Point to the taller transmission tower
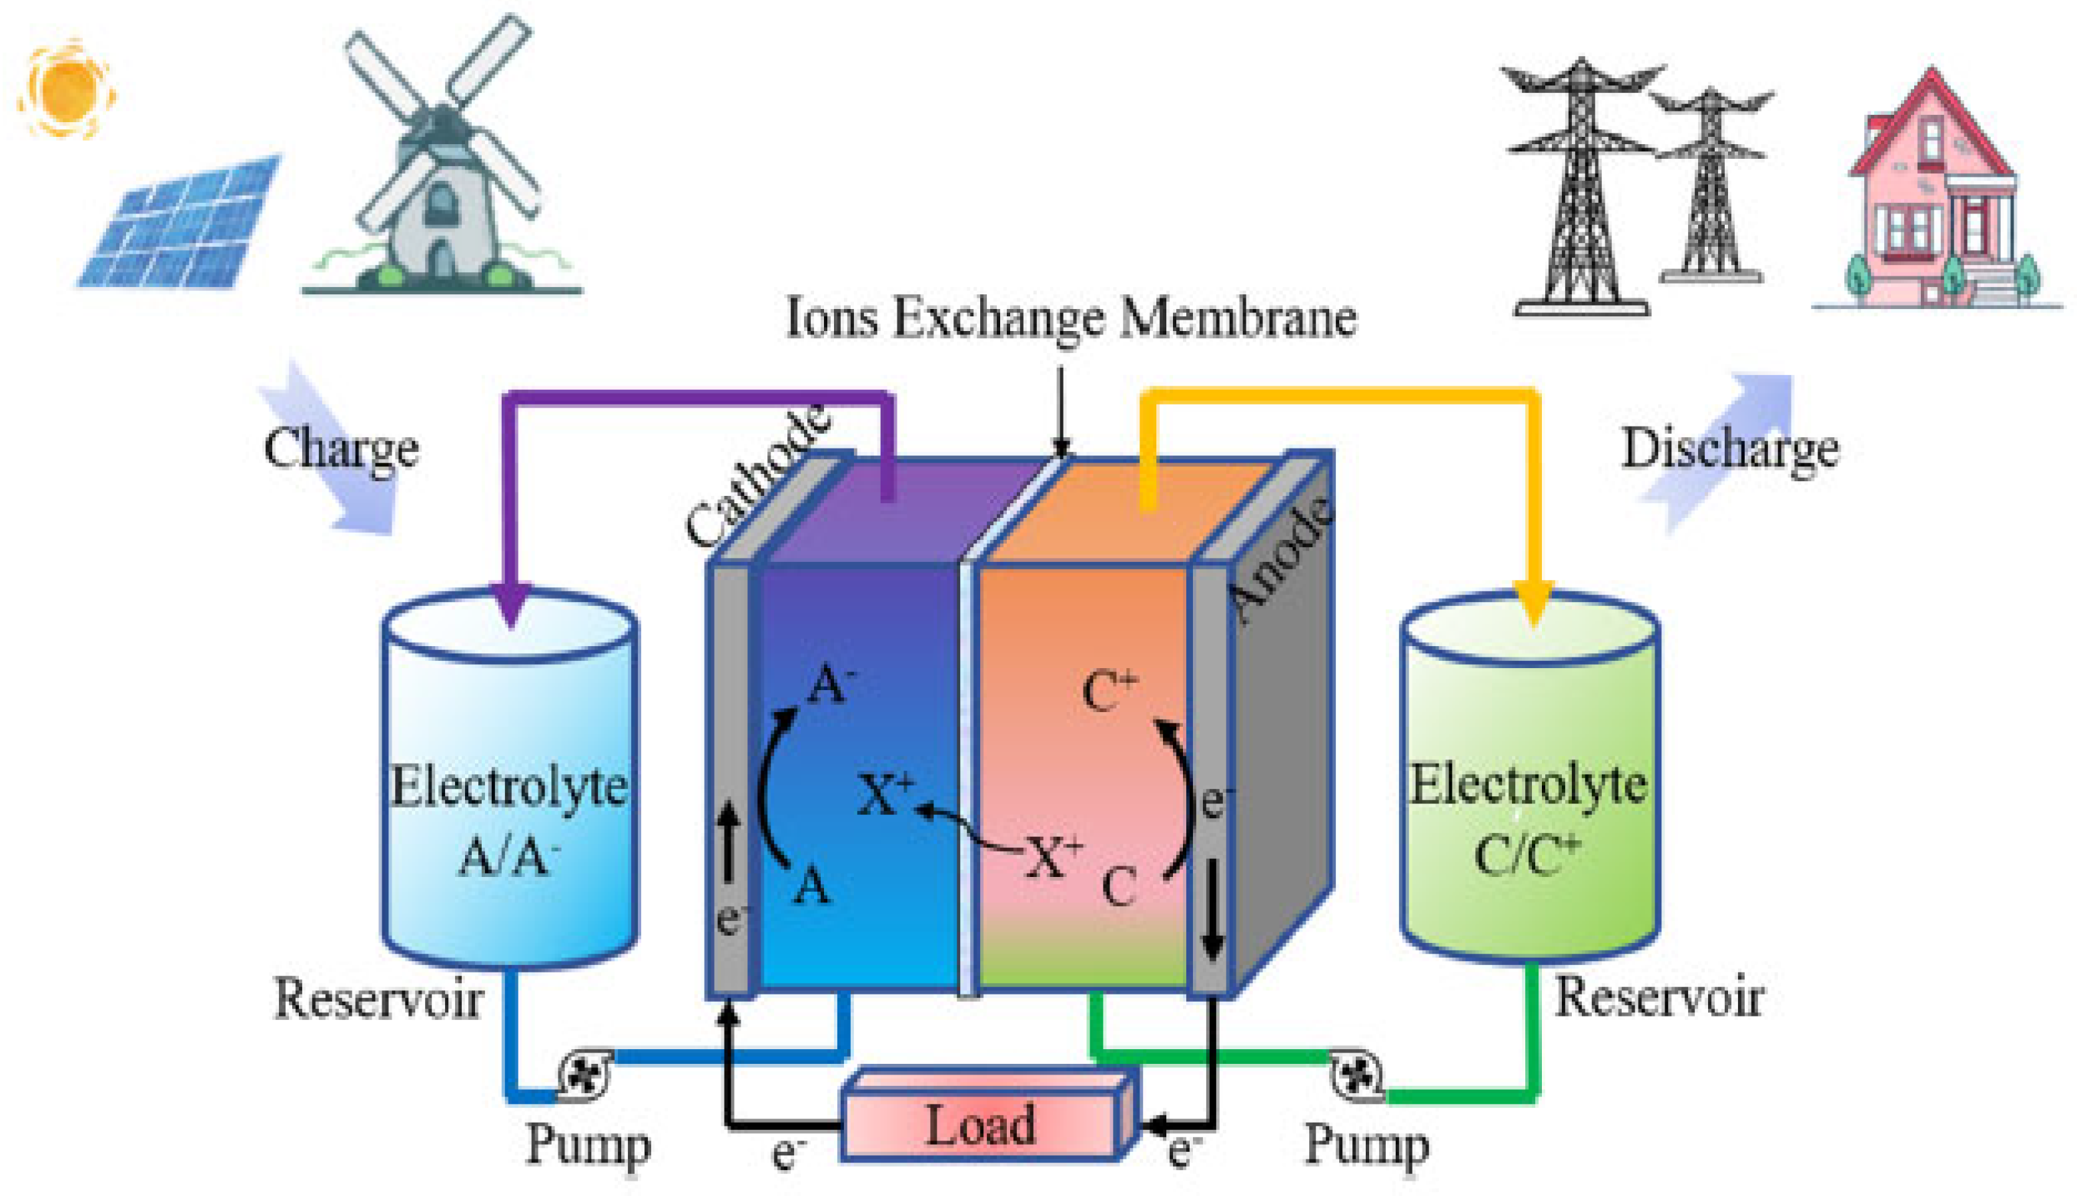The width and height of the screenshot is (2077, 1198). (x=1579, y=190)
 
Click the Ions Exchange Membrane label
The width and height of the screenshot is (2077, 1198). (x=1071, y=318)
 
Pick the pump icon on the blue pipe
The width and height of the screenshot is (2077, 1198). (x=586, y=1074)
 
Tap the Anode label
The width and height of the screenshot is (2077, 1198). (x=1280, y=559)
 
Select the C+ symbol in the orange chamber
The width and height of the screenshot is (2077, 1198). (x=1109, y=689)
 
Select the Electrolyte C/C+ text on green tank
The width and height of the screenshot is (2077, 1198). (x=1529, y=819)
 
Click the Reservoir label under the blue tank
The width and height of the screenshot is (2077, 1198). (x=378, y=999)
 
